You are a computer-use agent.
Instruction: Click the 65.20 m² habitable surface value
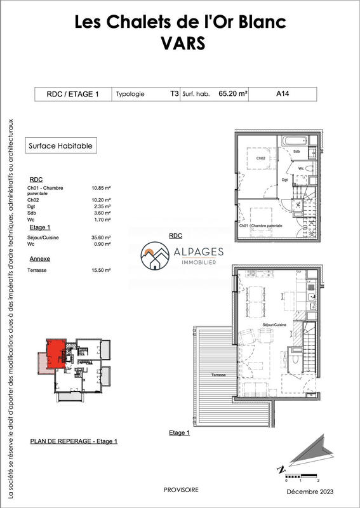click(x=232, y=94)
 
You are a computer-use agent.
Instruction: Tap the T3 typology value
click(x=174, y=94)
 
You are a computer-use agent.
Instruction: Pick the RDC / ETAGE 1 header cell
click(x=73, y=94)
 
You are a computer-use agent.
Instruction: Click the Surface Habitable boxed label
click(x=61, y=145)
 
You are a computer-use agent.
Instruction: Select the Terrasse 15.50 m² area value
click(x=102, y=271)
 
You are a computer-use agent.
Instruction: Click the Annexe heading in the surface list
click(x=40, y=259)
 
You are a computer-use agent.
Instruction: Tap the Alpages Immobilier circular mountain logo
click(x=155, y=256)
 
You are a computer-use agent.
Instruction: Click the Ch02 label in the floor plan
click(x=260, y=158)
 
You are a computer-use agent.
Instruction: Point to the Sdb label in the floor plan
click(x=297, y=152)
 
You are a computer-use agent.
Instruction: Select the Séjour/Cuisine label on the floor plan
click(x=274, y=324)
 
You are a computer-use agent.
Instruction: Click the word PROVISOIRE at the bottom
click(x=181, y=490)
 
